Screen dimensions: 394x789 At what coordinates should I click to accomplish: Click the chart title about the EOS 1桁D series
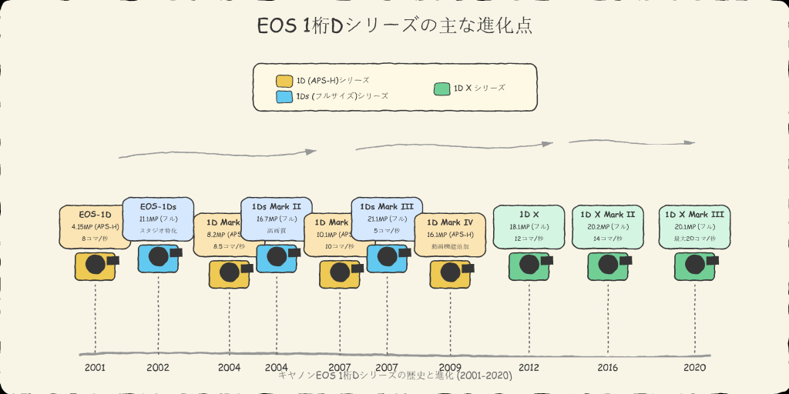pos(394,25)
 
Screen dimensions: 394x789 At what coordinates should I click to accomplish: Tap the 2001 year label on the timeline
pos(96,367)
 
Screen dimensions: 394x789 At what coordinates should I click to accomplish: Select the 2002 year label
pos(158,367)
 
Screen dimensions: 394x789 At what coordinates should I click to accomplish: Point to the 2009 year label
pos(450,367)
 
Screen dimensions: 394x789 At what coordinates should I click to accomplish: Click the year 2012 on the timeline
pos(529,367)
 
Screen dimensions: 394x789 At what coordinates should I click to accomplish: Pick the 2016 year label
pos(607,367)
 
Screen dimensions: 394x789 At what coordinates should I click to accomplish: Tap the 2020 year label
pos(694,367)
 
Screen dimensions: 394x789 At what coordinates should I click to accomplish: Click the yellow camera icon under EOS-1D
pos(96,265)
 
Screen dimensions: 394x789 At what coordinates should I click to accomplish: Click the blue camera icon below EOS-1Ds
pos(158,257)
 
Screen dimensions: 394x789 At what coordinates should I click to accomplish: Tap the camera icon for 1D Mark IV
pos(450,274)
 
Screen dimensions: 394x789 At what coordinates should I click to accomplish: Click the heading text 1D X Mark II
pos(607,215)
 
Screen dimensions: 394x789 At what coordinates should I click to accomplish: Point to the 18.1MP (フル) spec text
pos(529,227)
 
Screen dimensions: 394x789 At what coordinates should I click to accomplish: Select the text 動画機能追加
pos(450,246)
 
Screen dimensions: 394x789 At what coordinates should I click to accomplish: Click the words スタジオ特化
pos(158,230)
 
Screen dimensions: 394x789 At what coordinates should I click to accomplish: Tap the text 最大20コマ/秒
pos(694,239)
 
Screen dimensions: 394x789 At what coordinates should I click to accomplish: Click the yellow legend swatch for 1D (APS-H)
pos(284,81)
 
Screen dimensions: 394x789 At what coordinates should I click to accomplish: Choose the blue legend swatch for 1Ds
pos(284,97)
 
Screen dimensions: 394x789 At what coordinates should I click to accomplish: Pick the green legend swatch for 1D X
pos(442,88)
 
